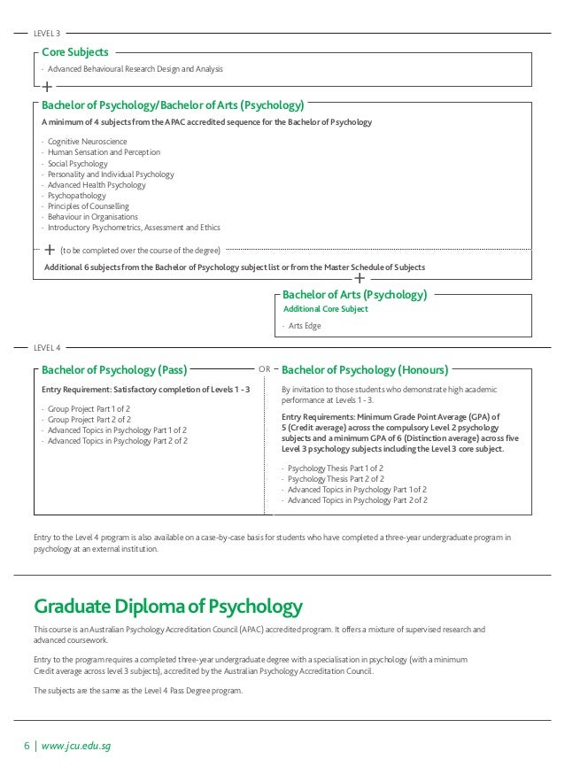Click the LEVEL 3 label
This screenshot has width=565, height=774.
pyautogui.click(x=46, y=34)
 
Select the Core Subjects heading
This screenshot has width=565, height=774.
pyautogui.click(x=74, y=52)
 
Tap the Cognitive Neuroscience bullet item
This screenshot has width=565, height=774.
pyautogui.click(x=87, y=142)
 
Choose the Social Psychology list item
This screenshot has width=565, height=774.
pyautogui.click(x=78, y=164)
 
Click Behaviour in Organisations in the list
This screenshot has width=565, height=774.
pyautogui.click(x=93, y=217)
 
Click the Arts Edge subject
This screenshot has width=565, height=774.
pyautogui.click(x=305, y=326)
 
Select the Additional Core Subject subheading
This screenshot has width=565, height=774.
pyautogui.click(x=325, y=309)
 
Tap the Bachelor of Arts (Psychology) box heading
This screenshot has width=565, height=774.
pyautogui.click(x=354, y=294)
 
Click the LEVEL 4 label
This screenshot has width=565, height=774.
pyautogui.click(x=46, y=347)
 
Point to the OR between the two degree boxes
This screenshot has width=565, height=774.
pyautogui.click(x=264, y=368)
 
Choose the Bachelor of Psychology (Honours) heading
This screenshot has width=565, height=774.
pyautogui.click(x=365, y=369)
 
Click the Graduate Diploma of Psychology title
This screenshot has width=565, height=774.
pyautogui.click(x=168, y=607)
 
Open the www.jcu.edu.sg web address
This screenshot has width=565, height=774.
pyautogui.click(x=76, y=746)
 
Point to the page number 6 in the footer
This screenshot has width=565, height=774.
pyautogui.click(x=27, y=746)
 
